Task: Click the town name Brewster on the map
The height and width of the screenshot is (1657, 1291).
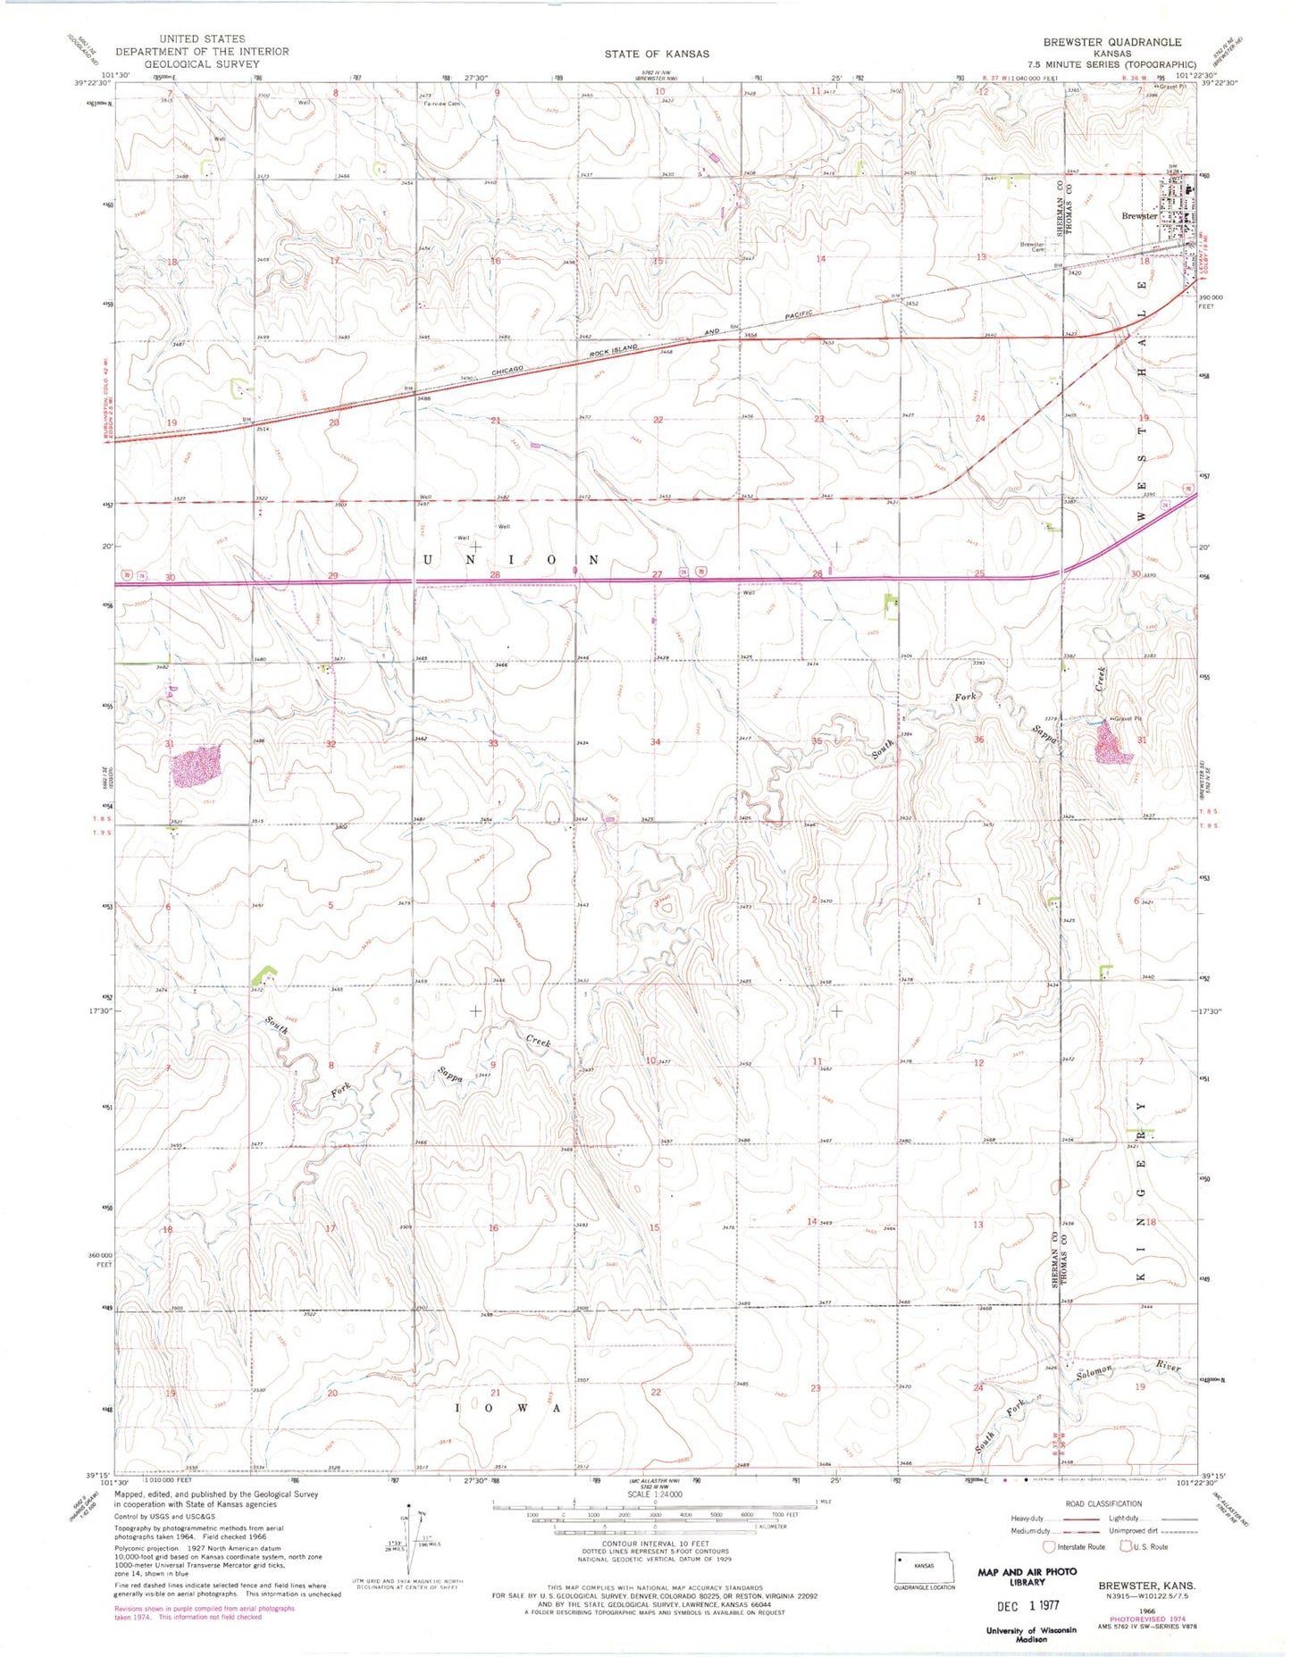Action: click(x=1139, y=215)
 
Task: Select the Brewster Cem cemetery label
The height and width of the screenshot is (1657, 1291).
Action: click(x=1033, y=247)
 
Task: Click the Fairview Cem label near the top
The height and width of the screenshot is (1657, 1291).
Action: click(x=441, y=103)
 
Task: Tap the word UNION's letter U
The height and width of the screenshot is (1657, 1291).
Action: click(x=427, y=560)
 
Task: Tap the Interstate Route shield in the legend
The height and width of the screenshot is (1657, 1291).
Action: click(x=1048, y=1546)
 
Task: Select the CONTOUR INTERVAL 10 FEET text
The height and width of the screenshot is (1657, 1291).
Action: click(x=655, y=1544)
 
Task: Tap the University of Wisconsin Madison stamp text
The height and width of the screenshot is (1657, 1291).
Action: click(x=1032, y=1634)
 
